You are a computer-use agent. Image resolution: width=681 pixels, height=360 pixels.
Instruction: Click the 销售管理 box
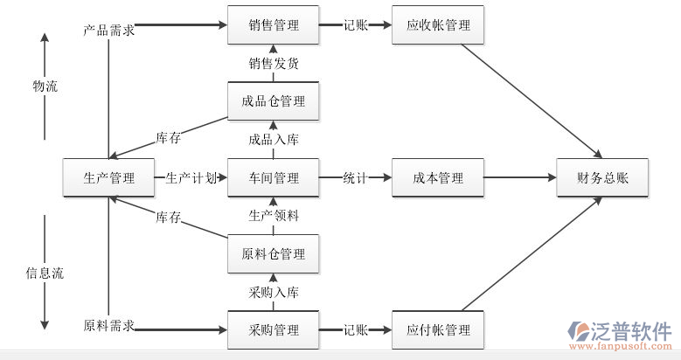click(274, 25)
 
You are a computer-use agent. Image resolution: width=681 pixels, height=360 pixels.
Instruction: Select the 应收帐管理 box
click(438, 25)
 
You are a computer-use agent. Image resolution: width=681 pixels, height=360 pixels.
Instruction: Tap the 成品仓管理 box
click(274, 101)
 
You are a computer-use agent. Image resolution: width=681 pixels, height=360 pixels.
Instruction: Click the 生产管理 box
click(109, 178)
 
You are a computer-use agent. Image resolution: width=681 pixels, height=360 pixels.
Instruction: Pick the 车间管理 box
click(274, 178)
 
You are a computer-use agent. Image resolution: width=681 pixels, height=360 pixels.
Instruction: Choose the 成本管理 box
click(438, 178)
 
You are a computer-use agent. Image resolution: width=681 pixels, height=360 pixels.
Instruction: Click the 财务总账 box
click(602, 178)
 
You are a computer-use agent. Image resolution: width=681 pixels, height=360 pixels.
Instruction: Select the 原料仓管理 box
click(274, 254)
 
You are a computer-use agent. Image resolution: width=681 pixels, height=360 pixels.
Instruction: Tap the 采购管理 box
click(274, 330)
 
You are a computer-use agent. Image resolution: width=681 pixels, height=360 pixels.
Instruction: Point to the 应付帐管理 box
click(438, 330)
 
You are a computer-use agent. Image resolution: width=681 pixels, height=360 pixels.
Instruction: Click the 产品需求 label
click(109, 31)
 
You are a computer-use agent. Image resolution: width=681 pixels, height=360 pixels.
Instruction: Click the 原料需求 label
click(109, 326)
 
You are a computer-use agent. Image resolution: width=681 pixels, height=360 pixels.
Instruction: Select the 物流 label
click(45, 87)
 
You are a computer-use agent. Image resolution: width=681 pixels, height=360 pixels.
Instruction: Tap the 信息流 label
click(45, 273)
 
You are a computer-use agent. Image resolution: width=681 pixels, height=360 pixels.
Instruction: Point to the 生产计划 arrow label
click(191, 178)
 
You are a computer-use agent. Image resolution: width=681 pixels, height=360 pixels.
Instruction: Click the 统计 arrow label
click(355, 178)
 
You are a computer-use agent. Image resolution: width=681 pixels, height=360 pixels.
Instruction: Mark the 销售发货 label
click(274, 63)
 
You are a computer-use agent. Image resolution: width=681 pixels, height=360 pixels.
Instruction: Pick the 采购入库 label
click(274, 293)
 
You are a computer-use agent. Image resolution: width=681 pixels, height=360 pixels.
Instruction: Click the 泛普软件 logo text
click(633, 331)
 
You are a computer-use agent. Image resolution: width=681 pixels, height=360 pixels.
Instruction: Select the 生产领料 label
click(274, 216)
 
